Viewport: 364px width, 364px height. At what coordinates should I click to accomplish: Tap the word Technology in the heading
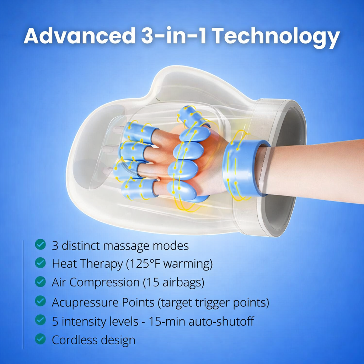pyautogui.click(x=277, y=37)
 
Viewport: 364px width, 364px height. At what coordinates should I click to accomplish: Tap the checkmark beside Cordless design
pyautogui.click(x=40, y=339)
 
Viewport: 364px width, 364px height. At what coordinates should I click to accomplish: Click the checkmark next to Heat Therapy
pyautogui.click(x=40, y=263)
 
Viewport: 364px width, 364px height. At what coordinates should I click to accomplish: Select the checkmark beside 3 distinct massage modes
pyautogui.click(x=40, y=245)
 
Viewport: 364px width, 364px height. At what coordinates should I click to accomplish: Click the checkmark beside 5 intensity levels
pyautogui.click(x=40, y=320)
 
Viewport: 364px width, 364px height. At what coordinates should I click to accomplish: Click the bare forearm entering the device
pyautogui.click(x=313, y=171)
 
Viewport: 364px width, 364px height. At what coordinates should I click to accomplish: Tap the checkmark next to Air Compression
pyautogui.click(x=40, y=282)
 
